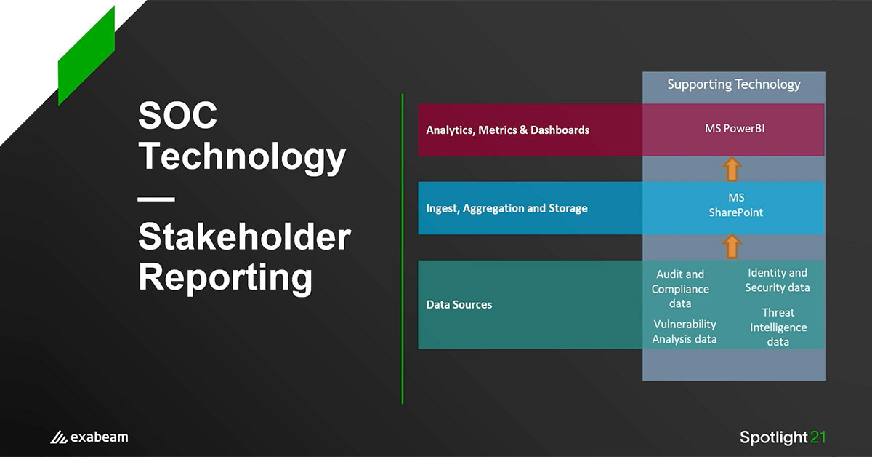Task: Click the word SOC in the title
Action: click(x=177, y=115)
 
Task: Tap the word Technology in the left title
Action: click(x=242, y=157)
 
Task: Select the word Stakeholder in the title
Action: click(x=244, y=237)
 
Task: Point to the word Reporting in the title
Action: click(x=225, y=279)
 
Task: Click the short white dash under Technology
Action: click(x=156, y=199)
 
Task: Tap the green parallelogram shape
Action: click(x=86, y=55)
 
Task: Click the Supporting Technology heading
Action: click(x=734, y=84)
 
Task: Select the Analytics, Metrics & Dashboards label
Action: click(x=508, y=130)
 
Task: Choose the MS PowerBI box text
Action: click(x=735, y=129)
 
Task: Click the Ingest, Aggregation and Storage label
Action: click(x=506, y=209)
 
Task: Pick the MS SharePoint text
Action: click(x=735, y=205)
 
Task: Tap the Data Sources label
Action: click(x=459, y=304)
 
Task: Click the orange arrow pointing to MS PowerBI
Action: click(x=732, y=170)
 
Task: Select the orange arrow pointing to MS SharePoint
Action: click(x=732, y=247)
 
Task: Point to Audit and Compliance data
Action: click(x=680, y=289)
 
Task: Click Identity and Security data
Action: click(x=778, y=280)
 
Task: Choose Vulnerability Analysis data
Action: click(x=685, y=331)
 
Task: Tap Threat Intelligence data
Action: click(x=778, y=327)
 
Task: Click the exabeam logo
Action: click(x=89, y=437)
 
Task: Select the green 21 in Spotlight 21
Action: click(x=818, y=437)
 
